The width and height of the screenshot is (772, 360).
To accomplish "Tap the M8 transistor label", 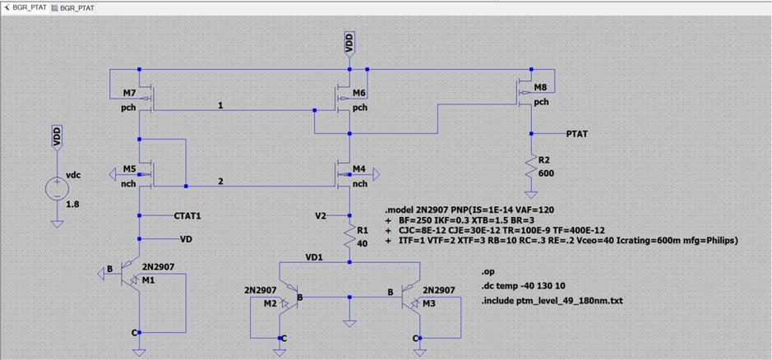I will pos(540,87).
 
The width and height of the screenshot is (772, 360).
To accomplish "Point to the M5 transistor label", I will pos(129,168).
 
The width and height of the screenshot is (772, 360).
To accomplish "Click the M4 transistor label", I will pos(359,169).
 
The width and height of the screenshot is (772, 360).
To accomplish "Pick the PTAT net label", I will pos(578,133).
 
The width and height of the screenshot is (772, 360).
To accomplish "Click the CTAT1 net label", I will pos(187,215).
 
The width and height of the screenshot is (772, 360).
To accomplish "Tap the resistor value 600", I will pos(546,173).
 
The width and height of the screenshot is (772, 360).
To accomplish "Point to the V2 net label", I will pos(321,215).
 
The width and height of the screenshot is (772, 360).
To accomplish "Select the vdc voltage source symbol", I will pos(57,189).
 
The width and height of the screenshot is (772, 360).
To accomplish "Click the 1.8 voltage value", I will pos(73,204).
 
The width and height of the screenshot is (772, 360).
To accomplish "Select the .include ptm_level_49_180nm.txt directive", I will pos(552,301).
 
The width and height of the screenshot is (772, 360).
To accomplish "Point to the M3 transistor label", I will pos(430,303).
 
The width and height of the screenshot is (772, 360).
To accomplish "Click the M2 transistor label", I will pos(270,303).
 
